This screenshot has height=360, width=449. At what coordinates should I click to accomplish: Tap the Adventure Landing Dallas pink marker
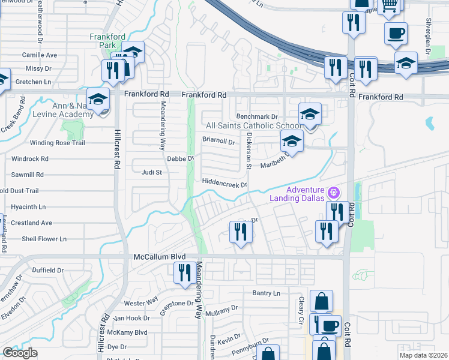pos(335,193)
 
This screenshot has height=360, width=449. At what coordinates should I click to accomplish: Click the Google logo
pos(20,353)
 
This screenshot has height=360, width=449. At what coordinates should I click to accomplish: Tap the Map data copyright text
pos(424,355)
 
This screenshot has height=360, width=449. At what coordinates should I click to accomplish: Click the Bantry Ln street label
pos(267,293)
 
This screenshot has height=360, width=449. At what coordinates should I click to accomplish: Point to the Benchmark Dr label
pos(258,116)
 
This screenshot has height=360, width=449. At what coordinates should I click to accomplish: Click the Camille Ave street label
pos(39,55)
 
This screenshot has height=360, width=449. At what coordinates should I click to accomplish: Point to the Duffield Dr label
pos(47,270)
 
